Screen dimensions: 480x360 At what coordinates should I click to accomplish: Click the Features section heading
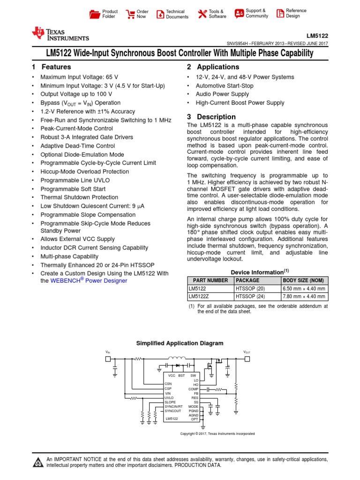56,67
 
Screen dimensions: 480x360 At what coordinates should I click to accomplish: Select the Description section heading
216,117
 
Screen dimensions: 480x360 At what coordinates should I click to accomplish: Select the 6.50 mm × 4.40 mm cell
304,289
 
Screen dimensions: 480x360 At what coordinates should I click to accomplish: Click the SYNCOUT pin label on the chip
173,411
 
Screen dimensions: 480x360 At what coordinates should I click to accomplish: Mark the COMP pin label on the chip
193,389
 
